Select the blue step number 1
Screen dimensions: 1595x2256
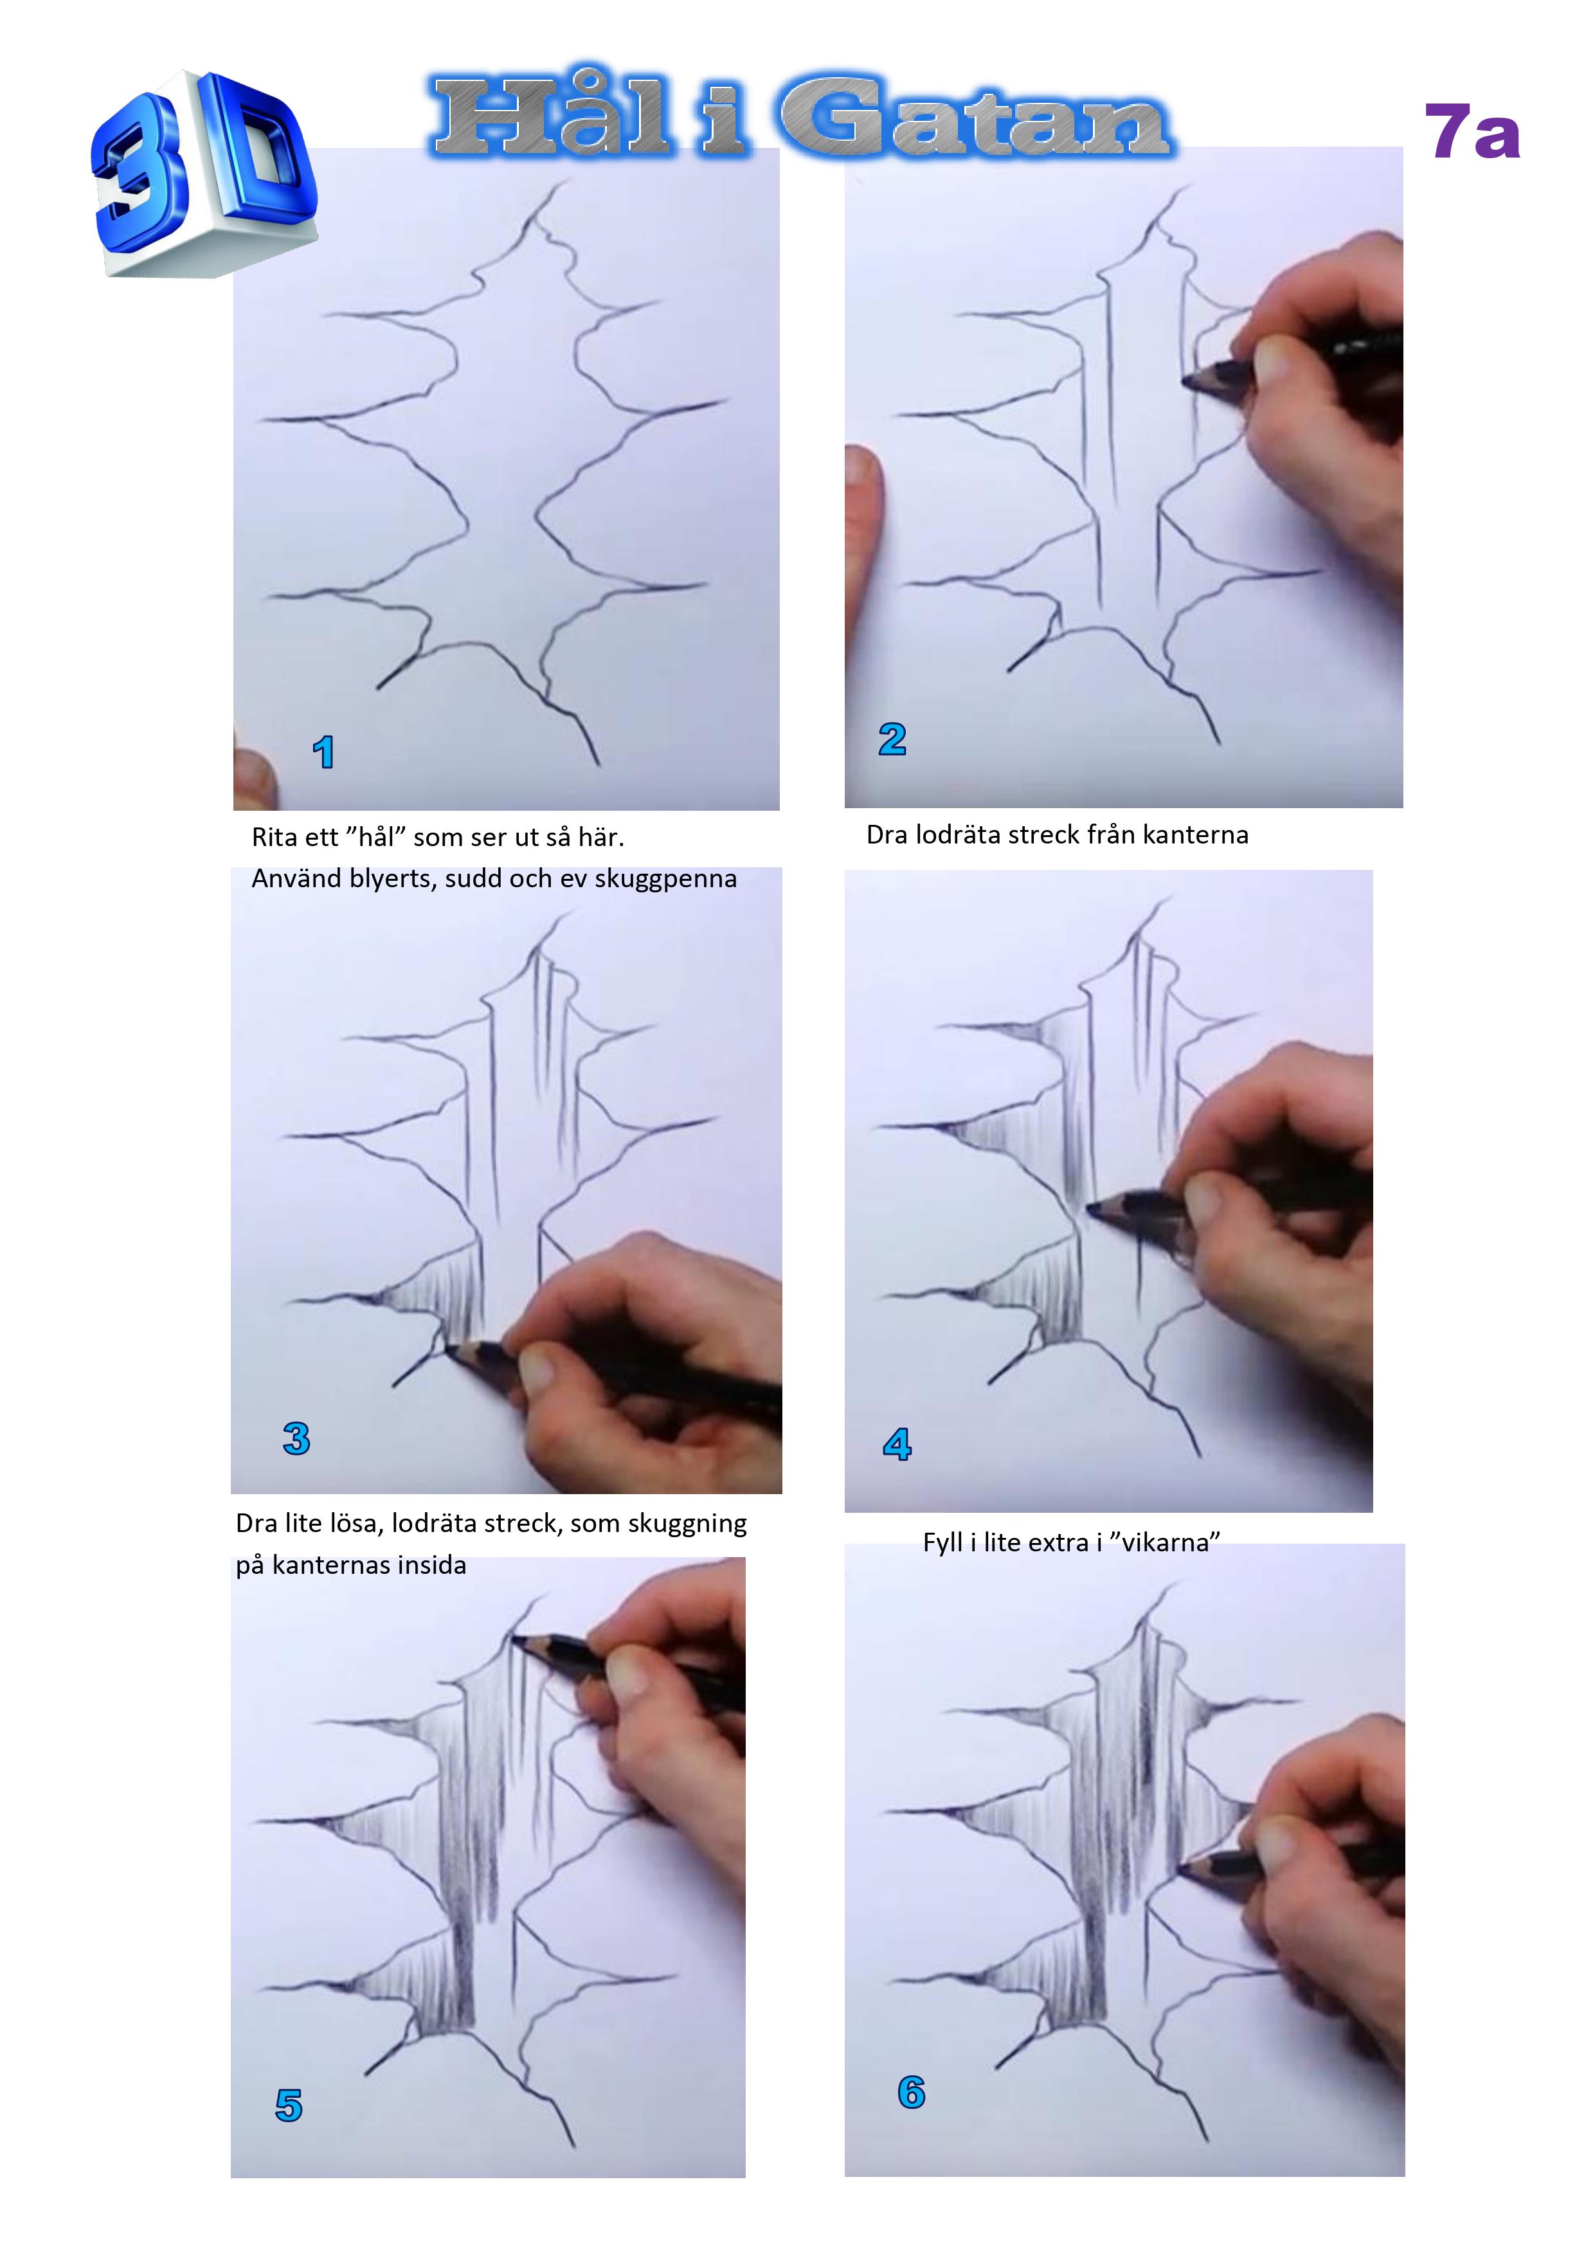coord(323,753)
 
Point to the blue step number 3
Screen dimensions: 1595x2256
coord(296,1438)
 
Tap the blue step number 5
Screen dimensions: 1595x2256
coord(289,2105)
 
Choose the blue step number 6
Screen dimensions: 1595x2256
coord(911,2092)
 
